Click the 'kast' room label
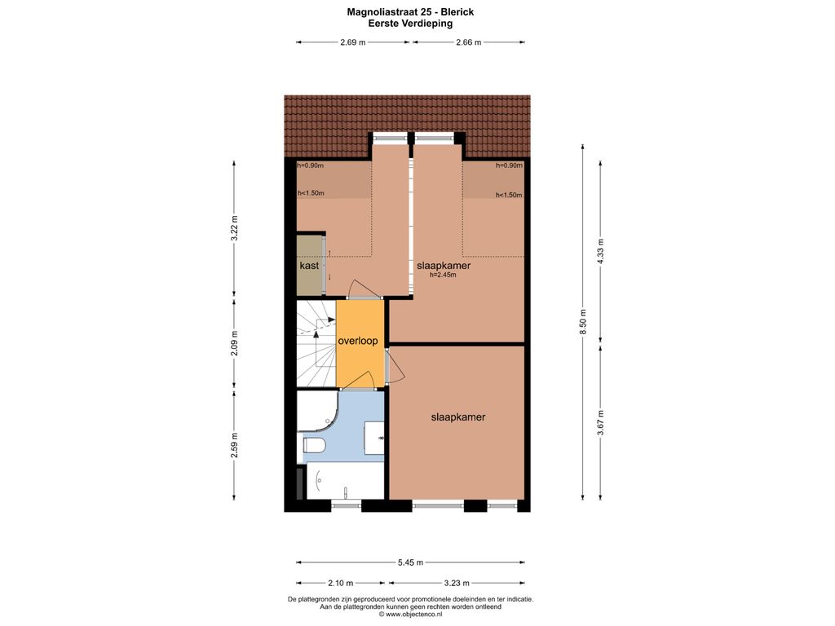click(x=309, y=265)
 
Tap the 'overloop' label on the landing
click(x=358, y=341)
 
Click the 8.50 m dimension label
click(x=583, y=322)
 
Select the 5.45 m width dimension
click(x=410, y=562)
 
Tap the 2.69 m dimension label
click(x=352, y=42)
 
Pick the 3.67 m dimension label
click(x=601, y=423)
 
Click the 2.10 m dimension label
click(x=340, y=583)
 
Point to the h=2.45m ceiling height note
click(x=443, y=276)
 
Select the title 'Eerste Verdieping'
click(x=410, y=24)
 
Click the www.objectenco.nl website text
click(x=410, y=614)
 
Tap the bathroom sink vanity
click(x=374, y=438)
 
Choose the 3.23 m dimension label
click(x=457, y=583)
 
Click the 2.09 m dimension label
click(x=234, y=344)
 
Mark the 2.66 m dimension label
click(x=469, y=42)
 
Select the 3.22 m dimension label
click(x=234, y=228)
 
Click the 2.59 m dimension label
click(x=234, y=445)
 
